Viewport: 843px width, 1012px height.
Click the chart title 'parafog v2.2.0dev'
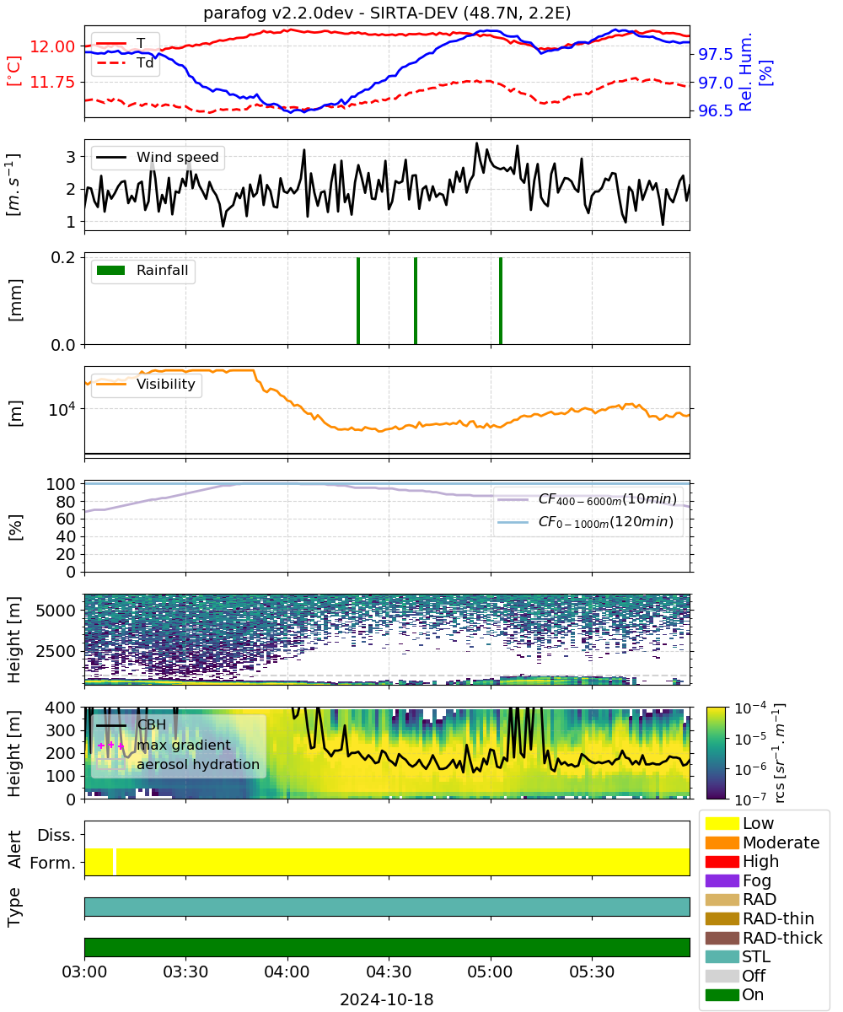pyautogui.click(x=278, y=13)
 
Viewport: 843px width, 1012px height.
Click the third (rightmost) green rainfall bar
pyautogui.click(x=501, y=300)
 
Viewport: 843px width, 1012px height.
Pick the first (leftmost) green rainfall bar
pyautogui.click(x=358, y=300)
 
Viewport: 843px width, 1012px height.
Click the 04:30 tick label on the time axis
pyautogui.click(x=389, y=972)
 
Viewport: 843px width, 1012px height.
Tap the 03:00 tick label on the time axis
pyautogui.click(x=84, y=972)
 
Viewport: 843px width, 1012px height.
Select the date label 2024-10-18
pyautogui.click(x=386, y=999)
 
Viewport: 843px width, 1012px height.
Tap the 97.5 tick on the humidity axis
pyautogui.click(x=715, y=54)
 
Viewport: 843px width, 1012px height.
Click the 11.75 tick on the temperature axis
pyautogui.click(x=52, y=82)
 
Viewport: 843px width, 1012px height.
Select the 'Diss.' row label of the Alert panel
pyautogui.click(x=56, y=835)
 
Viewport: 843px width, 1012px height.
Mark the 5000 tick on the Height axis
pyautogui.click(x=56, y=611)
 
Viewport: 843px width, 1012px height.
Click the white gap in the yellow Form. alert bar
pyautogui.click(x=115, y=862)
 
